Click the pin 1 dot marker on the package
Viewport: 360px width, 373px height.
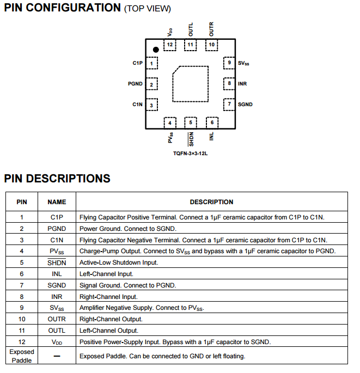click(156, 50)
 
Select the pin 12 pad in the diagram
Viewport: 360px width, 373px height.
click(170, 45)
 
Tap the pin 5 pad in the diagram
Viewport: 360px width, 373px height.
click(191, 123)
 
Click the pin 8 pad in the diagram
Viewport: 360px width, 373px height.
click(229, 84)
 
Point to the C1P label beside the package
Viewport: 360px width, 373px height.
click(137, 63)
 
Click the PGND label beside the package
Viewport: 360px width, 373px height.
click(135, 84)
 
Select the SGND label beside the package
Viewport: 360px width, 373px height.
click(245, 104)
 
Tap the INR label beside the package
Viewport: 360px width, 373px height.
click(242, 84)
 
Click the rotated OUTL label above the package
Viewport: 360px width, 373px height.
click(191, 29)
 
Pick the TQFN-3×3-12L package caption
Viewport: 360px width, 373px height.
click(191, 154)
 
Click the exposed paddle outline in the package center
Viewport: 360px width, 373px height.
click(190, 84)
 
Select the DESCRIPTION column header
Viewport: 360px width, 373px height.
click(211, 202)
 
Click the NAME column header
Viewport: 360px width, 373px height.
click(57, 202)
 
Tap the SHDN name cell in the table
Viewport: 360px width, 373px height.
click(57, 262)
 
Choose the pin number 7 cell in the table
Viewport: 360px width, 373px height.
click(22, 285)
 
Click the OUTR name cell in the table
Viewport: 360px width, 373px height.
click(57, 319)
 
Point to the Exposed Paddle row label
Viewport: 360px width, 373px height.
click(22, 356)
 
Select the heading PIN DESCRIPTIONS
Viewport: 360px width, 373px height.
click(57, 179)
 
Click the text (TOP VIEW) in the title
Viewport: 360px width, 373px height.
click(147, 9)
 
